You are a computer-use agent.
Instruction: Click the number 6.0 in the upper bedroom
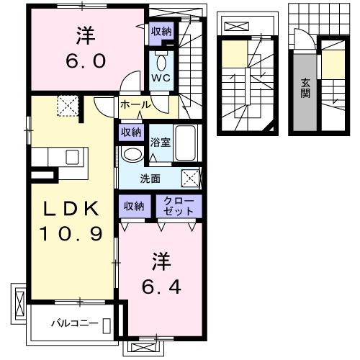click(x=87, y=59)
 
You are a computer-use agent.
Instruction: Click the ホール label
click(x=135, y=105)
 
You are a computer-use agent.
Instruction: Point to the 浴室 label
click(x=160, y=142)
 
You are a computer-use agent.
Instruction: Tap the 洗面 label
click(x=150, y=179)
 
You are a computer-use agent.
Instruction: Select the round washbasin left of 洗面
click(x=132, y=154)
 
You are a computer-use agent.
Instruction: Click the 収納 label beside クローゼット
click(x=134, y=206)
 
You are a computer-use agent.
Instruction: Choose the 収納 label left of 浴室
click(x=130, y=132)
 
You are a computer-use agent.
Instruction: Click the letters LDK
click(x=70, y=208)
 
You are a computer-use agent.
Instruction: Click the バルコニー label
click(x=73, y=323)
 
